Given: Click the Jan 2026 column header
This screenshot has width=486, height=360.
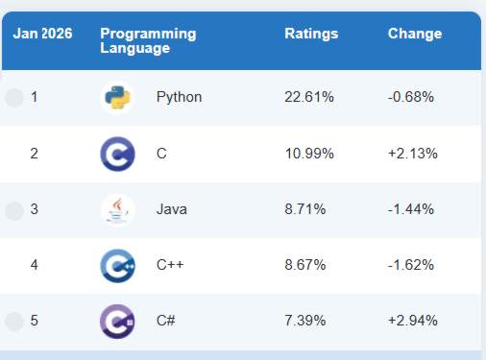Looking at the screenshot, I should point(42,34).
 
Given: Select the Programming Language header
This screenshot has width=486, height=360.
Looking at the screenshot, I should point(148,40).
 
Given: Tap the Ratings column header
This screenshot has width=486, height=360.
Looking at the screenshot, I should point(311,34).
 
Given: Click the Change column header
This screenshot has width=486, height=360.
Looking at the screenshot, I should point(414,34).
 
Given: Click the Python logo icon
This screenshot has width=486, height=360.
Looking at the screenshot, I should point(117,98).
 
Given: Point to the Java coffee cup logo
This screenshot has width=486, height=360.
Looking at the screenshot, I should point(117,209).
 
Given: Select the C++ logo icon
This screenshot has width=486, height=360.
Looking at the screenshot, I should point(117,265).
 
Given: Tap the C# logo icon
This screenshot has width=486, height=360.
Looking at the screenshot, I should point(117,321).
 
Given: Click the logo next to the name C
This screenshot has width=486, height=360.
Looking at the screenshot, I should point(117,154).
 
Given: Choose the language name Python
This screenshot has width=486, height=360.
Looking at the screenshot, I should point(179,97).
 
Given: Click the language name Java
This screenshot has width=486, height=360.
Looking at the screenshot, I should point(171,208).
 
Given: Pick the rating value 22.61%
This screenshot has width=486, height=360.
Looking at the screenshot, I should point(308,97).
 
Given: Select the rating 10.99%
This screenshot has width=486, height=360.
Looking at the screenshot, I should point(308,153).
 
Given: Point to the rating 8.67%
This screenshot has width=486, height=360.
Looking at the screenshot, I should point(308,264).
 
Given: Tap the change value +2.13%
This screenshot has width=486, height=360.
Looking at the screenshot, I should point(411,153).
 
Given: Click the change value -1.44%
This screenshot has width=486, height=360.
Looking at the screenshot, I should point(411,208).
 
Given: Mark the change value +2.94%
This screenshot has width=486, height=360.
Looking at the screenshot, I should point(411,320).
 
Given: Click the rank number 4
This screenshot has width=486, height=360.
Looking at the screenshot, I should point(35,264).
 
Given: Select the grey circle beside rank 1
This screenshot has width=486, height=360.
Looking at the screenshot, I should point(13,98).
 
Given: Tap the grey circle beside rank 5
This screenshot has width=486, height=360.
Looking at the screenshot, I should point(13,321).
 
